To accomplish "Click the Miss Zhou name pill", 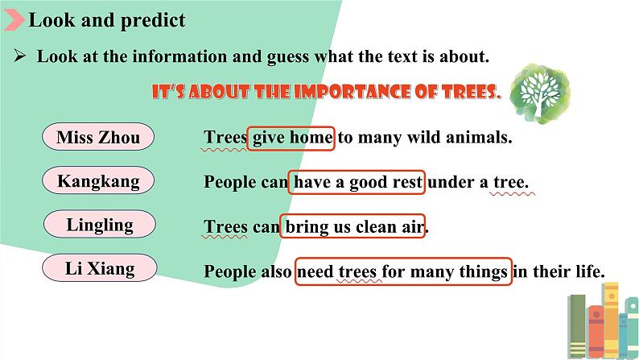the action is pyautogui.click(x=98, y=137).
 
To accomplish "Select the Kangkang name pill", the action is pyautogui.click(x=98, y=180).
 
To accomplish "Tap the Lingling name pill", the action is pyautogui.click(x=100, y=224).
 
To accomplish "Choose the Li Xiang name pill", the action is pyautogui.click(x=100, y=268).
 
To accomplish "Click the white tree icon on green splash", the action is pyautogui.click(x=540, y=93).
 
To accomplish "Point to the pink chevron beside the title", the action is pyautogui.click(x=14, y=20).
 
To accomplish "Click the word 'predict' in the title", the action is pyautogui.click(x=153, y=21).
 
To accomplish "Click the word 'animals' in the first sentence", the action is pyautogui.click(x=479, y=137).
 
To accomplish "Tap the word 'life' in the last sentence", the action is pyautogui.click(x=590, y=271).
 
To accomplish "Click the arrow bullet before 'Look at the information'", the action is pyautogui.click(x=20, y=55).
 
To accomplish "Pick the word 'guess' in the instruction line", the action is pyautogui.click(x=288, y=57).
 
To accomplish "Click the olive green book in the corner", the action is pyautogui.click(x=577, y=326).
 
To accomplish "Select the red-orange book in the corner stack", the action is pyautogui.click(x=596, y=333).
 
